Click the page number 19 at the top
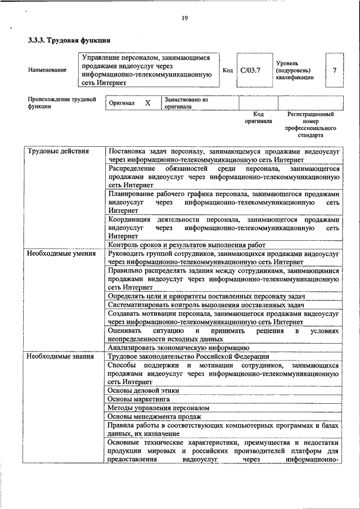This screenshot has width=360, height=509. point(184,19)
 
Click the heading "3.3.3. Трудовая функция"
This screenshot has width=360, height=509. point(69,40)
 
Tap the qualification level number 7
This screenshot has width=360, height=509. point(335,70)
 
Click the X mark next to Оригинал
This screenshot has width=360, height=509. point(148,103)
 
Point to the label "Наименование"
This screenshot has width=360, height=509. point(47,70)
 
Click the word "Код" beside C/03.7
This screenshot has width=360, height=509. point(227,70)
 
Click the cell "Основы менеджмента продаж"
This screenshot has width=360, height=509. point(154,416)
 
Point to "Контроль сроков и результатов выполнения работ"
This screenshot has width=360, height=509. point(186,245)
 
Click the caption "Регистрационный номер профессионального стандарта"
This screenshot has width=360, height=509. point(310,125)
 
